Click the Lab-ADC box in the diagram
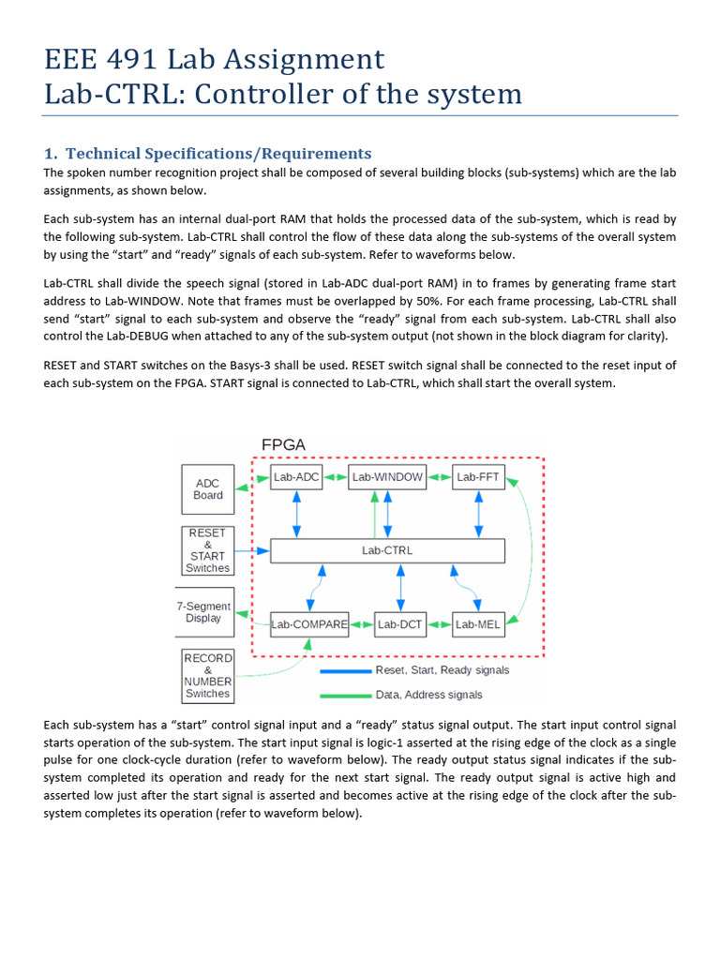297,477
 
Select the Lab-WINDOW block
387,477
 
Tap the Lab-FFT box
478,477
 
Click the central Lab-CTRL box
387,550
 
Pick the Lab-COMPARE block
309,623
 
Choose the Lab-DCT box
400,623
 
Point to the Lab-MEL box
478,623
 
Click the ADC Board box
207,489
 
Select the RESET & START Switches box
207,550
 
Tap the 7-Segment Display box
203,612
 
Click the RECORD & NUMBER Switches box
207,676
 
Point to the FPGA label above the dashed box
283,445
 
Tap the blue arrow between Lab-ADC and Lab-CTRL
297,513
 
